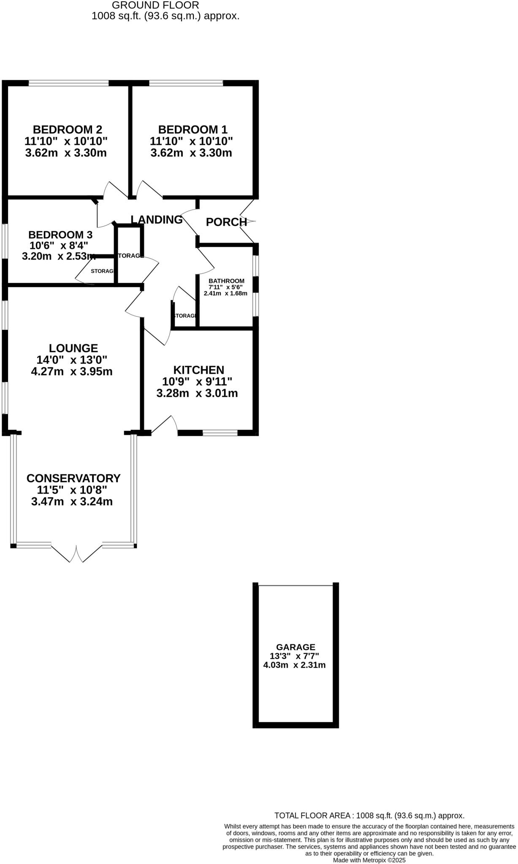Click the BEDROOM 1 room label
pyautogui.click(x=193, y=129)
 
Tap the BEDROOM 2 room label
pyautogui.click(x=68, y=129)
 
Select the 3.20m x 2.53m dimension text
pyautogui.click(x=59, y=256)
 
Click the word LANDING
pyautogui.click(x=157, y=219)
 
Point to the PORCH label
pyautogui.click(x=226, y=222)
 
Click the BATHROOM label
pyautogui.click(x=226, y=281)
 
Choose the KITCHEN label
pyautogui.click(x=199, y=370)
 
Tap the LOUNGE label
pyautogui.click(x=73, y=348)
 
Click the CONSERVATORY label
pyautogui.click(x=73, y=478)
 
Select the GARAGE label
pyautogui.click(x=296, y=647)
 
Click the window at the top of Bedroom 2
pyautogui.click(x=68, y=83)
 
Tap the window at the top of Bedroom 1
pyautogui.click(x=186, y=83)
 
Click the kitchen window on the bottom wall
pyautogui.click(x=220, y=433)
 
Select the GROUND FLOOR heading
pyautogui.click(x=155, y=5)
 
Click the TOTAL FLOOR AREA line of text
pyautogui.click(x=369, y=815)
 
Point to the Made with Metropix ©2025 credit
pyautogui.click(x=369, y=860)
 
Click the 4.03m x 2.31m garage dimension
pyautogui.click(x=294, y=665)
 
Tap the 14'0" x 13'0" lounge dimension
pyautogui.click(x=72, y=360)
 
